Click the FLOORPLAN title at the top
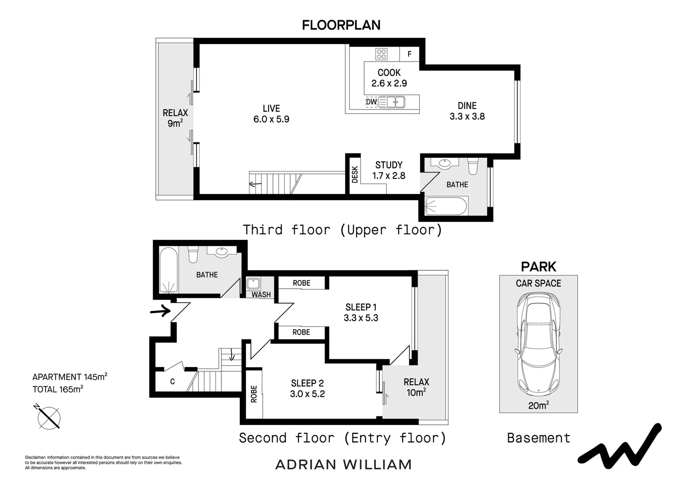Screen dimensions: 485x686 pos(341,25)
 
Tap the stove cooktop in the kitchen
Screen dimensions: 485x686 pos(382,54)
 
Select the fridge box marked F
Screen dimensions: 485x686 pos(409,54)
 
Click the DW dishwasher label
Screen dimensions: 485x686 pos(371,102)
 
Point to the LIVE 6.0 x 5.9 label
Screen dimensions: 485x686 pos(271,114)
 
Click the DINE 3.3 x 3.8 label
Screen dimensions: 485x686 pos(467,111)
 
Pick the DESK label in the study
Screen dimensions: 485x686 pos(355,174)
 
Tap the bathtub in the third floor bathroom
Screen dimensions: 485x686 pos(446,206)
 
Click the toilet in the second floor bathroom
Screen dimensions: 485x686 pos(193,254)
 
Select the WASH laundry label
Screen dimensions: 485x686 pos(261,295)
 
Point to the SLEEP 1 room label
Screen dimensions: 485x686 pos(361,313)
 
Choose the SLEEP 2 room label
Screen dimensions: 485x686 pos(307,388)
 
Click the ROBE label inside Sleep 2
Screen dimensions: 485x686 pos(254,394)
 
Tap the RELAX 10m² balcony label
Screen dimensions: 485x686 pos(416,387)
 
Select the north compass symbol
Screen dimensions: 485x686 pos(48,418)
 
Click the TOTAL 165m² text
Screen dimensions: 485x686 pos(57,389)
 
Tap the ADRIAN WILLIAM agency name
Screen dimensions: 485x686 pos(343,464)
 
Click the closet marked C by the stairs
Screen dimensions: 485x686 pos(172,382)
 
